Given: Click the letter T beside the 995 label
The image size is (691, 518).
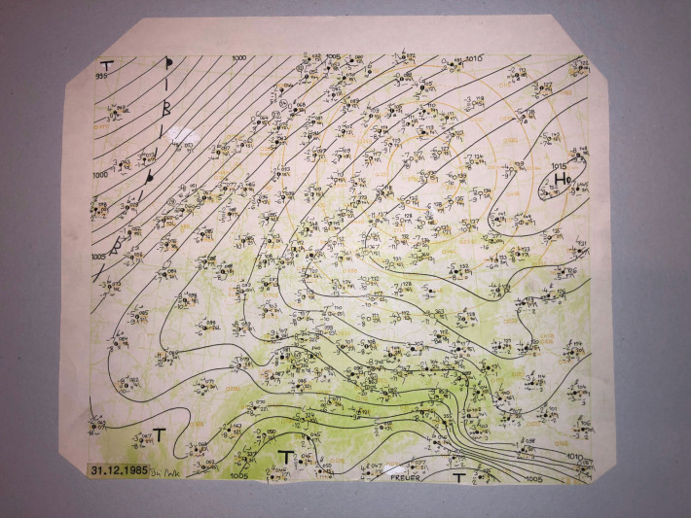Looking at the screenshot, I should click(106, 64).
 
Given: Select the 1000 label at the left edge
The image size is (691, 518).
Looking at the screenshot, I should click(100, 175).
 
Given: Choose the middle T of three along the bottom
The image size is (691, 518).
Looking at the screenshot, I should click(285, 456).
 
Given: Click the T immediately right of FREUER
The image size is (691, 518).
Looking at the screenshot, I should click(458, 477).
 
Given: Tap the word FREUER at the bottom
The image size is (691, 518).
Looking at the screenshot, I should click(404, 477).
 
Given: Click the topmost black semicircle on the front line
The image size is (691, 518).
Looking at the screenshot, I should click(167, 66).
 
